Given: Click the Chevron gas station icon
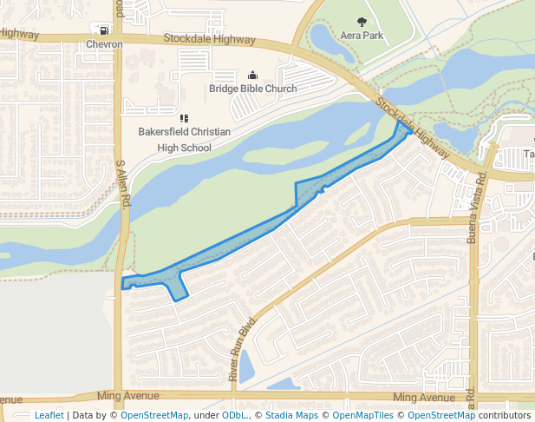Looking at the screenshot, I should coord(104,30).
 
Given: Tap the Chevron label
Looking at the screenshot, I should coord(104,44).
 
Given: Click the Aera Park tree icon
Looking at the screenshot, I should coord(362,21).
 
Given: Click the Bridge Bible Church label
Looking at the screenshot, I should coord(252,89).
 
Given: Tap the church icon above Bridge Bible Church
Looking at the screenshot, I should coord(252,75).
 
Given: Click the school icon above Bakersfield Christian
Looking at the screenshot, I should coord(184,118).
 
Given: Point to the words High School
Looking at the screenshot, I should coord(184,148).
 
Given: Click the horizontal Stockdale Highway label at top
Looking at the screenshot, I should coord(210,40).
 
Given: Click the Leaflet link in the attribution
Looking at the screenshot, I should coord(49,415).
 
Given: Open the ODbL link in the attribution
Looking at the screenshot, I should coord(234,415).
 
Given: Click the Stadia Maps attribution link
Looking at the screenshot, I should coord(291,415).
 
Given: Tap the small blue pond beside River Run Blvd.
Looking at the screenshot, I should coord(245,367).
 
